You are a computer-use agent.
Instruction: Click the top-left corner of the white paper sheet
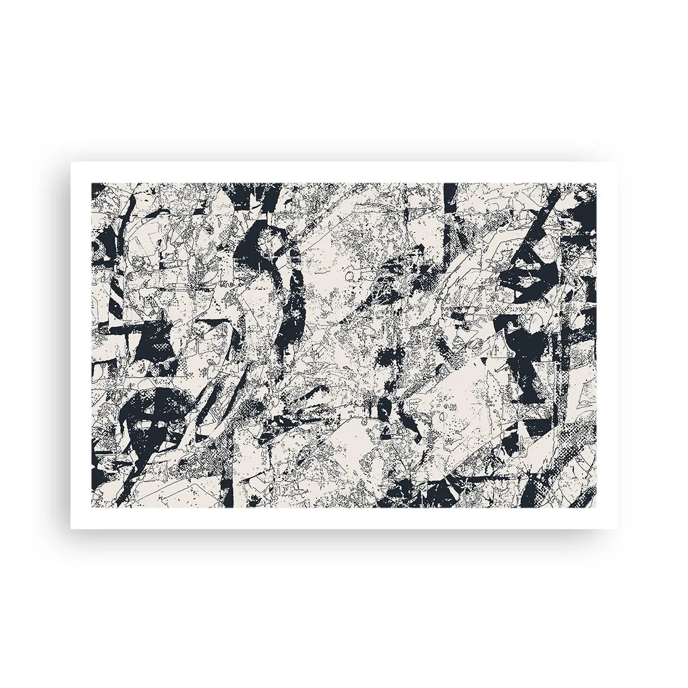(71, 162)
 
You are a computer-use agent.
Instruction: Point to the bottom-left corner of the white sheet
(71, 528)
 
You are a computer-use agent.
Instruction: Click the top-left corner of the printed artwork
(92, 183)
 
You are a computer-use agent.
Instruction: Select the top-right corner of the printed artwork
(596, 183)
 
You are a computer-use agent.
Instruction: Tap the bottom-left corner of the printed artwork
(92, 507)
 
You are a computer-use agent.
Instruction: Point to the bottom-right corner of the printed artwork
(596, 507)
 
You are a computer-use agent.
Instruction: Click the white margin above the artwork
(344, 173)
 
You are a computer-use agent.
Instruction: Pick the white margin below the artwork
(344, 518)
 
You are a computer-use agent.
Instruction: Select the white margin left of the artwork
(81, 344)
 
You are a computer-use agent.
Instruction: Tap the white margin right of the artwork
(607, 344)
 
